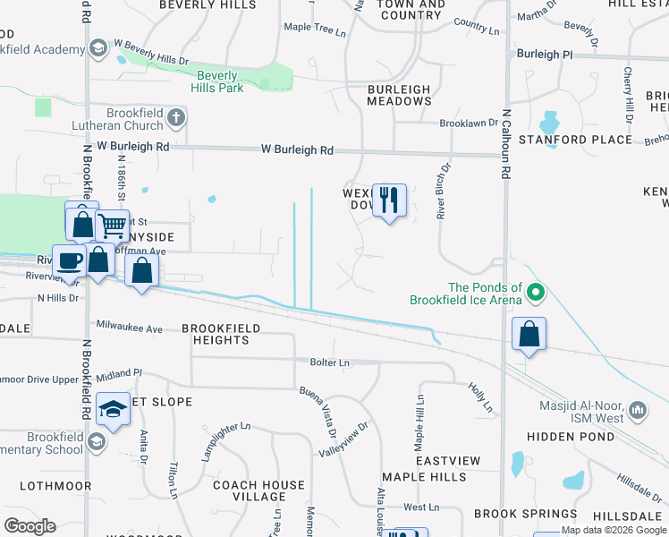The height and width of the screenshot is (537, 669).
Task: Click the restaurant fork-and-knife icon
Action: point(388,200)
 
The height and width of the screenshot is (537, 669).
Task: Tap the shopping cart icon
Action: point(112,226)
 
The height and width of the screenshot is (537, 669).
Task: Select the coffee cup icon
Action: point(69,260)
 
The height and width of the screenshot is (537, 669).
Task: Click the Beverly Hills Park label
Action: point(219,82)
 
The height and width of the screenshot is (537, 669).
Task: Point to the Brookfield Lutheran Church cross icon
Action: point(176,117)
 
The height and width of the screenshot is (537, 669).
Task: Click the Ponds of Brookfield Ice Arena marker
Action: point(536,292)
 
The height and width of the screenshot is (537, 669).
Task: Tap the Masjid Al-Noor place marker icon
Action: point(638,411)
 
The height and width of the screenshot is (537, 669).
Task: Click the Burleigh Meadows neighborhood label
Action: point(399,96)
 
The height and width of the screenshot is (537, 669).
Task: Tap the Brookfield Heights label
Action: point(221,334)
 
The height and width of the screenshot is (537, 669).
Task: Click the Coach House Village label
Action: point(259,490)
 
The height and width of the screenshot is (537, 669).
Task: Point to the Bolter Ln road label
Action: point(329,362)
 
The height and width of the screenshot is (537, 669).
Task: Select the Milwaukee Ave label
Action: point(129,328)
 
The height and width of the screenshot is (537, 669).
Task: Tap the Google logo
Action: point(30,526)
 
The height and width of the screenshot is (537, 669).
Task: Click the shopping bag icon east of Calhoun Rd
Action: point(529,335)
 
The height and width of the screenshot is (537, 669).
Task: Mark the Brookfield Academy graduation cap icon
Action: point(98,46)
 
